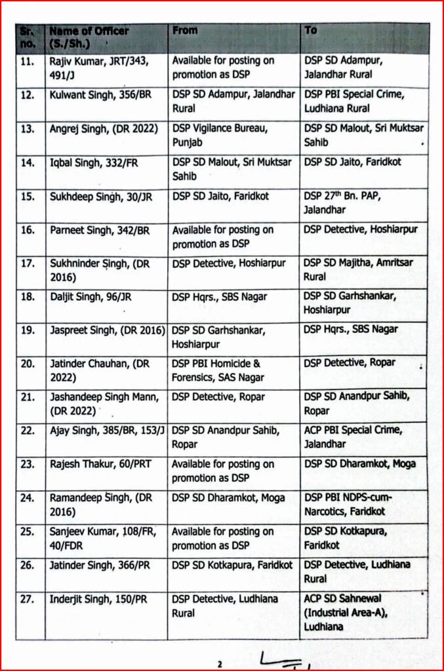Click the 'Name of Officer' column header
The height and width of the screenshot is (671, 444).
click(89, 37)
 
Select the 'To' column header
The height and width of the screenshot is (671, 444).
click(311, 31)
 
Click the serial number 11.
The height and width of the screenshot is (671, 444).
click(28, 60)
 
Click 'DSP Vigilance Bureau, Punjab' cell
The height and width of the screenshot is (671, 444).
click(216, 135)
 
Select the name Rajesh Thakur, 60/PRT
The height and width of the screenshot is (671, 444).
click(100, 464)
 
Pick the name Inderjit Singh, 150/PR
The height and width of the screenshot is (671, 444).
click(98, 599)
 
